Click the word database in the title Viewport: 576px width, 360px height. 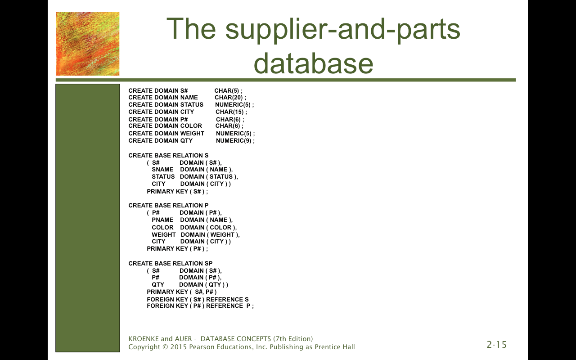tap(314, 63)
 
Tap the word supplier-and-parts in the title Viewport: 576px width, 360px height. tap(343, 30)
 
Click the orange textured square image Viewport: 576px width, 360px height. tap(87, 44)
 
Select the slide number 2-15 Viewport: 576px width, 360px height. tap(496, 345)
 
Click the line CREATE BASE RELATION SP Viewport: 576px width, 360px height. tap(171, 264)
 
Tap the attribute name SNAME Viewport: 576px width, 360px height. tap(162, 170)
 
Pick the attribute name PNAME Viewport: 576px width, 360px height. tap(162, 220)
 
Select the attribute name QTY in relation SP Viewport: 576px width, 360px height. tap(158, 285)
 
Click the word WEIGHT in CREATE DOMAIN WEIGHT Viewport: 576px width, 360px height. tap(192, 134)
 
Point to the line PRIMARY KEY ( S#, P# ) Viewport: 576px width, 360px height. tap(182, 292)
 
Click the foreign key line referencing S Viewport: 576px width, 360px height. tap(198, 300)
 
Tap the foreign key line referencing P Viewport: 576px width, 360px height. tap(200, 306)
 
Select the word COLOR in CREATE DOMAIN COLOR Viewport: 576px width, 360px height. tap(191, 126)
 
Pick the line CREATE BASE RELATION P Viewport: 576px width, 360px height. tap(168, 206)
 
